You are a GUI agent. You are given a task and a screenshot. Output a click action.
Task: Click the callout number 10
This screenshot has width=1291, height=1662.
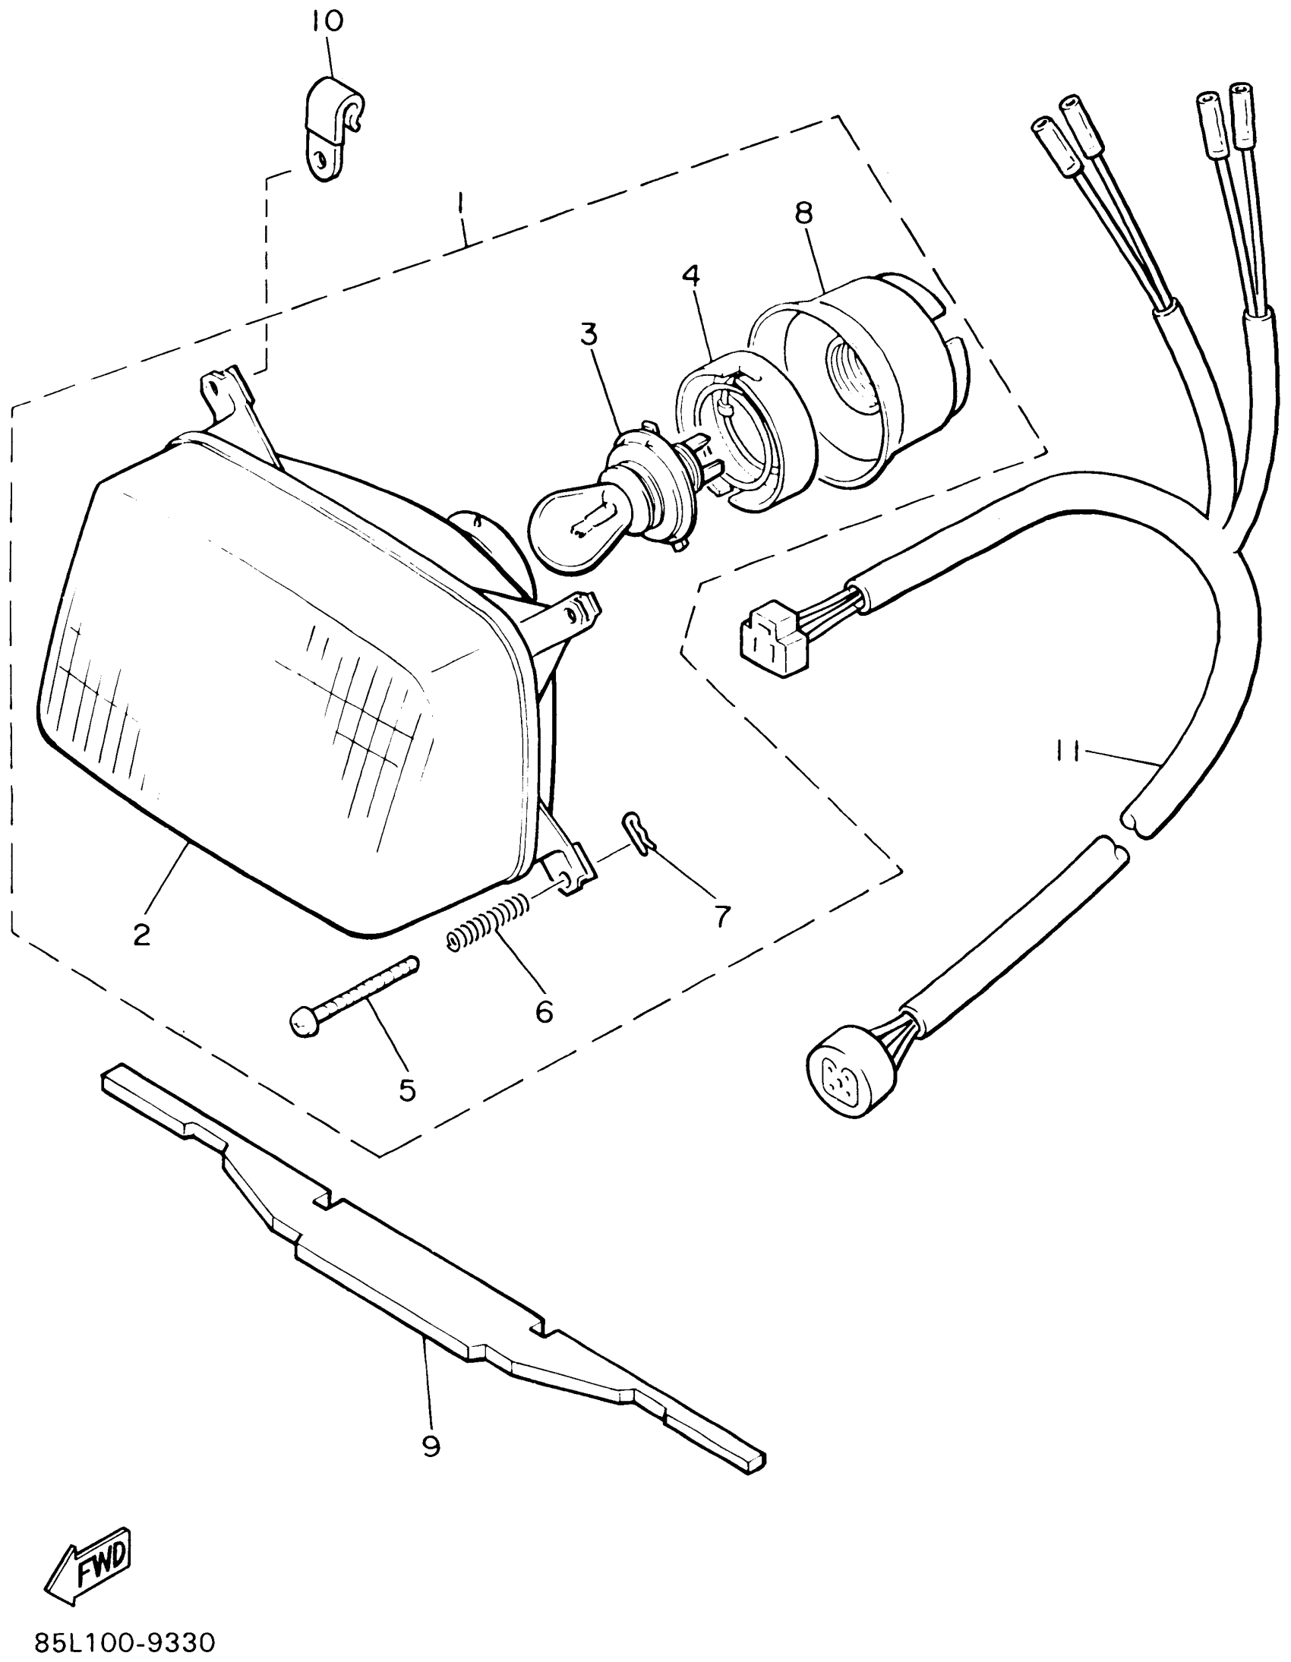pyautogui.click(x=327, y=20)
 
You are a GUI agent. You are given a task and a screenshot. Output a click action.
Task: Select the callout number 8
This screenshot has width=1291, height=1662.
pyautogui.click(x=804, y=213)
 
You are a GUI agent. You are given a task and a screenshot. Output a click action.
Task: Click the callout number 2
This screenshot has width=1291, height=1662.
pyautogui.click(x=141, y=935)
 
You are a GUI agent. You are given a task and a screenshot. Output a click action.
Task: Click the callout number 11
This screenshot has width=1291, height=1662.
pyautogui.click(x=1066, y=752)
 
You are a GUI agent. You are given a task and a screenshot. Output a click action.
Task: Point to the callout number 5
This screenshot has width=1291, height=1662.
pyautogui.click(x=407, y=1090)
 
